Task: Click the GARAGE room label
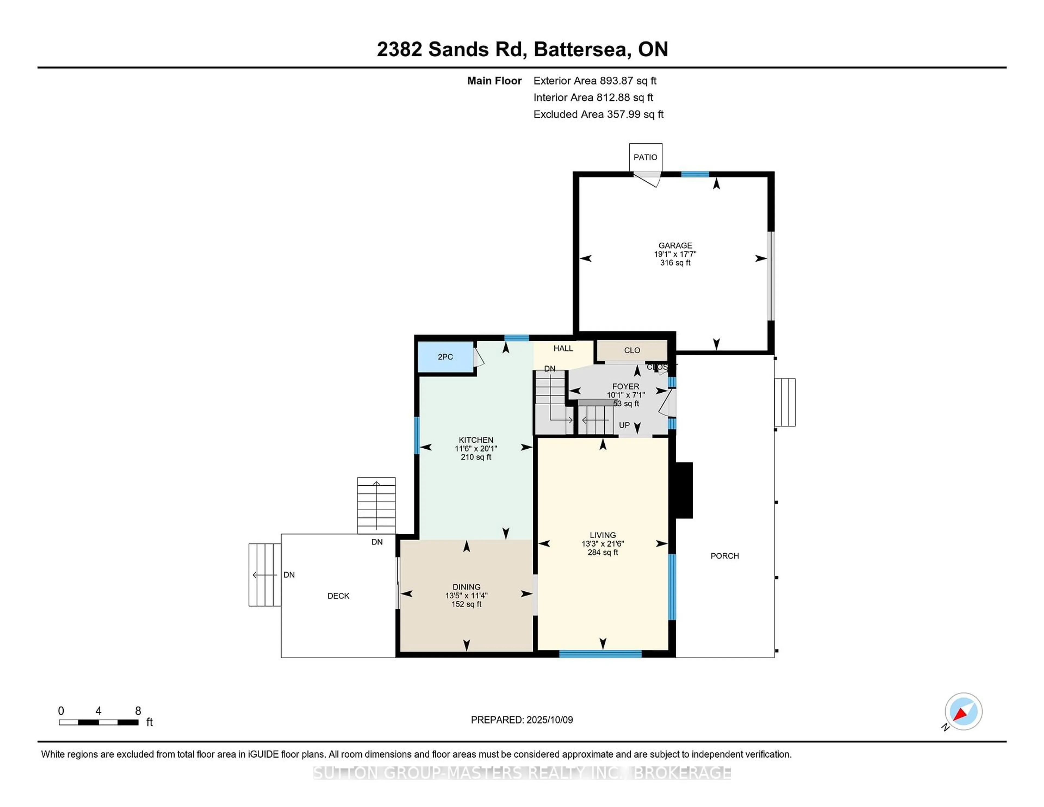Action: coord(675,245)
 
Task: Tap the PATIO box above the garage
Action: coord(645,157)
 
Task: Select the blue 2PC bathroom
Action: coord(446,357)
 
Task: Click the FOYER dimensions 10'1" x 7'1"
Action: coord(626,395)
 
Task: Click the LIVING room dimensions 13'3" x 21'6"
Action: coord(603,544)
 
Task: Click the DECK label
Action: coord(338,596)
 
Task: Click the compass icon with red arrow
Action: coord(963,711)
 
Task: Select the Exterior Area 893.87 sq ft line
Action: coord(595,81)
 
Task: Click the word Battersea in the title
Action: coord(580,49)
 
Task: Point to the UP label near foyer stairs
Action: coord(624,425)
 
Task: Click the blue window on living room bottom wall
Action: coord(600,654)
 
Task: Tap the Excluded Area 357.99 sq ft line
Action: coord(598,114)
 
